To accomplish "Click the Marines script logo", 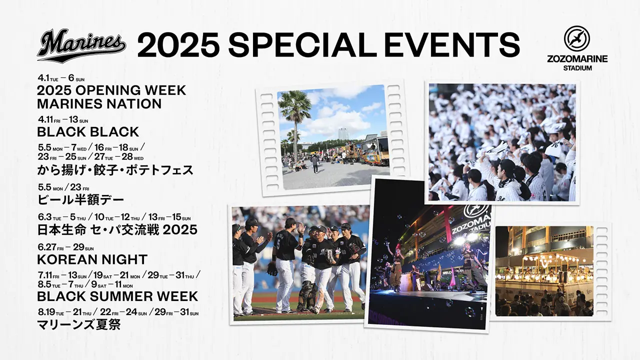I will [x=81, y=45].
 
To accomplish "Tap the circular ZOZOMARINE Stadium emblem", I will [x=576, y=38].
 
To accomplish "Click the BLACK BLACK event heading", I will [x=88, y=132].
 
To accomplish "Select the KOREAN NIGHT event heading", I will [x=92, y=259].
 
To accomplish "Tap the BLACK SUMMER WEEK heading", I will [x=117, y=296].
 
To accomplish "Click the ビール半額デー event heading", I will [x=80, y=200].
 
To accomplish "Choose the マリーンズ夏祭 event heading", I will [x=78, y=325].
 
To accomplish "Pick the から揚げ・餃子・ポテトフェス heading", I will [x=115, y=170].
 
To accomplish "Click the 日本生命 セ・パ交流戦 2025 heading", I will [x=117, y=229].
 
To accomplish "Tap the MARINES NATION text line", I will [x=99, y=103].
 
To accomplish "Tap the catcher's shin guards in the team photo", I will [x=305, y=295].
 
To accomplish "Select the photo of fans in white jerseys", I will [x=502, y=142].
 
